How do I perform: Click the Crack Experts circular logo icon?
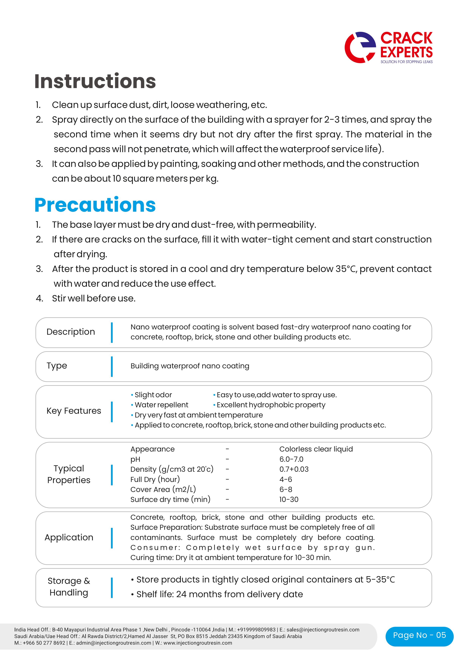pyautogui.click(x=360, y=47)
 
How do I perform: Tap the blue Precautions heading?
pyautogui.click(x=95, y=205)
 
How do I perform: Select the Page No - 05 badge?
pyautogui.click(x=419, y=635)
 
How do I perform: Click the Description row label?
pyautogui.click(x=71, y=332)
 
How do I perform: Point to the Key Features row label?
pyautogui.click(x=74, y=411)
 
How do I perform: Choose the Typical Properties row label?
pyautogui.click(x=69, y=474)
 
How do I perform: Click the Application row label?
pyautogui.click(x=69, y=537)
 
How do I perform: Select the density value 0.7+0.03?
pyautogui.click(x=294, y=469)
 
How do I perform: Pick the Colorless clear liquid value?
pyautogui.click(x=316, y=449)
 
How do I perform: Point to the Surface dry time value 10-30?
pyautogui.click(x=288, y=499)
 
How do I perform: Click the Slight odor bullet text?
pyautogui.click(x=153, y=395)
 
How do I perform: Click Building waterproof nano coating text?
pyautogui.click(x=190, y=366)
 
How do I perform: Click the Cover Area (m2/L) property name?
pyautogui.click(x=163, y=490)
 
